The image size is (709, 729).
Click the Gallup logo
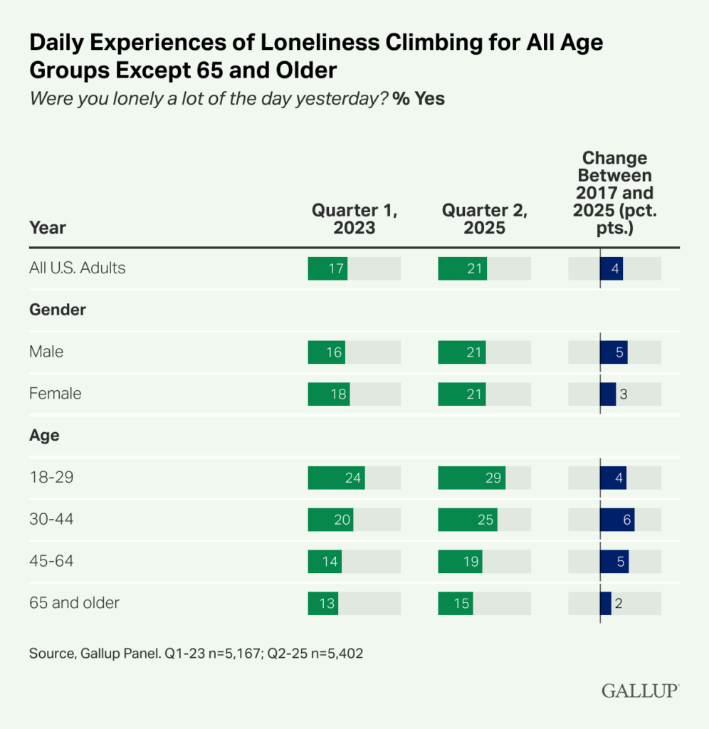pos(640,690)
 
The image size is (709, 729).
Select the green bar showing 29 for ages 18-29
pos(471,478)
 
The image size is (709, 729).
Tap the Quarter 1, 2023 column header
pos(354,219)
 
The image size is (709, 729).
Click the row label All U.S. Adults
pos(78,268)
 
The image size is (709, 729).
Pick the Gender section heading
pos(57,310)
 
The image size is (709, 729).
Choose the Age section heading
pos(44,436)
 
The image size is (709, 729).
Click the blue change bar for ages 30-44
pos(617,520)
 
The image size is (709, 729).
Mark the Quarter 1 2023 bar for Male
pos(326,352)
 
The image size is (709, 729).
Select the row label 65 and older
pos(74,603)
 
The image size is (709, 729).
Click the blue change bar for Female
pos(608,394)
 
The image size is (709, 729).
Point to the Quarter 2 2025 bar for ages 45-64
pos(460,562)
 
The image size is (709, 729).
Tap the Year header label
pos(47,228)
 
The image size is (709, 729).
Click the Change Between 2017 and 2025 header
pos(614,193)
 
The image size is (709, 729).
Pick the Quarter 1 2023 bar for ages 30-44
pos(330,520)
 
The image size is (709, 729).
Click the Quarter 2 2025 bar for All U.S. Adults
pos(462,268)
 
